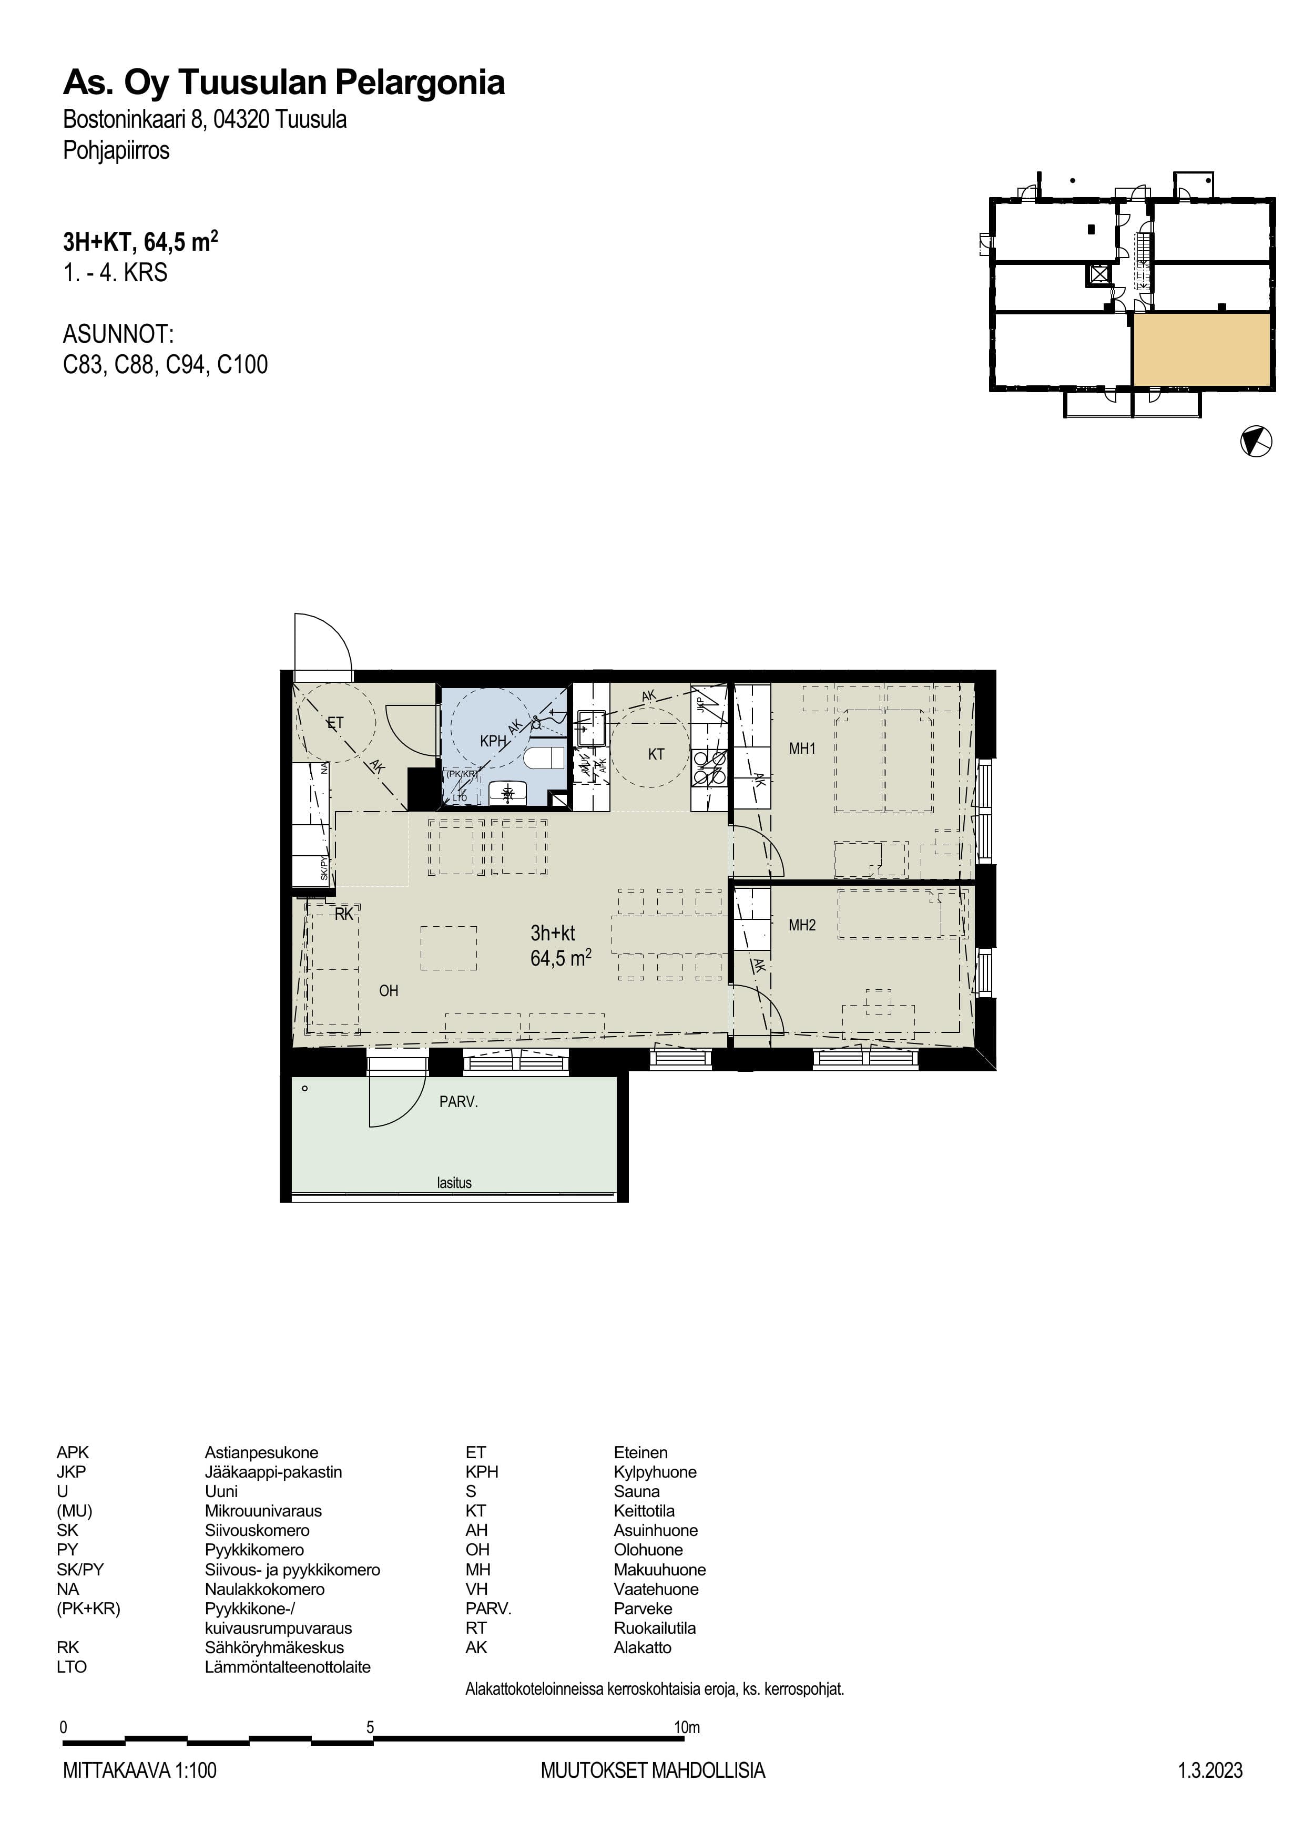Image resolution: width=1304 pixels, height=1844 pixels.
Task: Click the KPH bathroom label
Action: point(493,741)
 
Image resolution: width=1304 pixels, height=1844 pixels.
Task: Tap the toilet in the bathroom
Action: point(542,757)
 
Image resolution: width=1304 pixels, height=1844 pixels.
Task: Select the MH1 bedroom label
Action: point(802,749)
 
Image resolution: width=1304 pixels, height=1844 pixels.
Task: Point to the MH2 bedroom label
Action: point(802,925)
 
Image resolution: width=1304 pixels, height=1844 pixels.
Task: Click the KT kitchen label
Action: point(656,754)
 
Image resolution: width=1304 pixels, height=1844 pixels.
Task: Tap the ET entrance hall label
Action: point(335,723)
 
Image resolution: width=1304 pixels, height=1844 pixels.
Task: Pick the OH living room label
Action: point(389,991)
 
